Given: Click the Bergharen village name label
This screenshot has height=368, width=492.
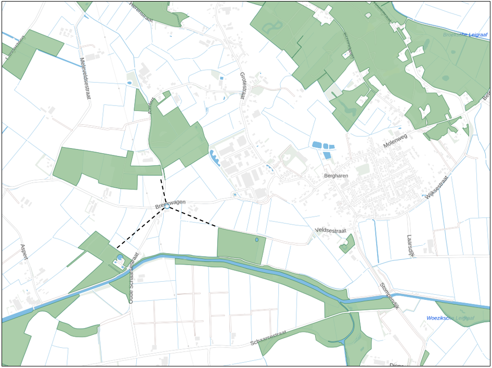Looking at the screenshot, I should coord(335,176).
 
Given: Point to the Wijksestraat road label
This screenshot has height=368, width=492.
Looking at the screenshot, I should coord(436,189).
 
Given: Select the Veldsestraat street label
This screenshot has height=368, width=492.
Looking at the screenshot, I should coord(331,230).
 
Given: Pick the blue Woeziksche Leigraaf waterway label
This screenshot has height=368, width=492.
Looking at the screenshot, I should coord(450,318).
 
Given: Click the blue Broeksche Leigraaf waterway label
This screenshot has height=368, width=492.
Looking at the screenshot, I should coord(464,35).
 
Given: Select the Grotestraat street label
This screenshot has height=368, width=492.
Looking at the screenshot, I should coord(242,86).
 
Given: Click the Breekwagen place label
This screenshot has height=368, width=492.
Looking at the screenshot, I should coord(171,204).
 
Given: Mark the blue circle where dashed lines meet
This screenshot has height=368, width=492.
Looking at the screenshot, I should coord(167,206).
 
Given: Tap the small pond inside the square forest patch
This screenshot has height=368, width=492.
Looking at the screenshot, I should coord(256,240).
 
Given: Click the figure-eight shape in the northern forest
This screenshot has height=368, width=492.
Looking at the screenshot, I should coord(273,27).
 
